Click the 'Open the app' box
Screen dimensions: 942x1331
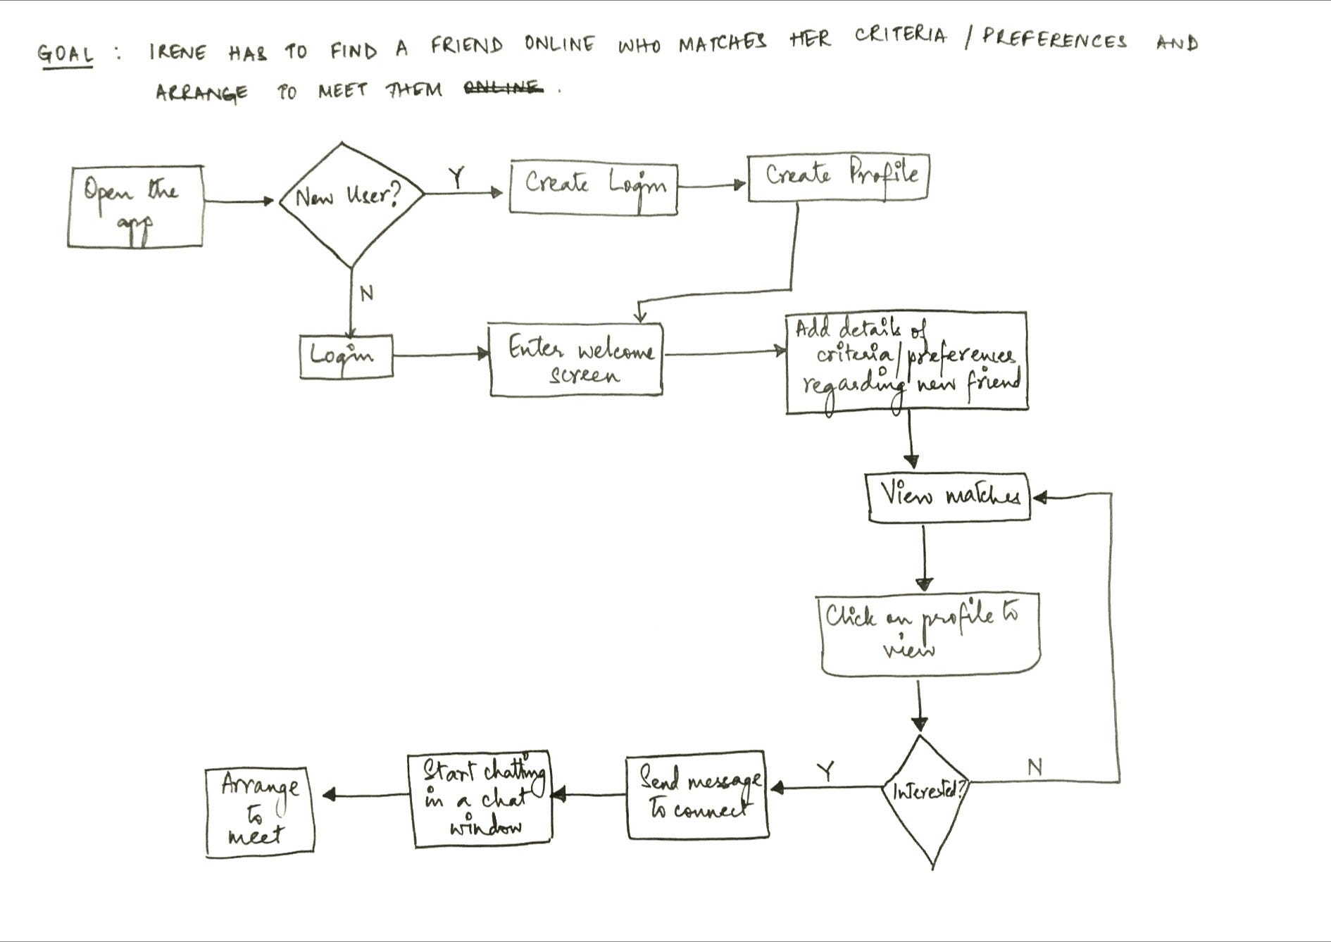pyautogui.click(x=135, y=206)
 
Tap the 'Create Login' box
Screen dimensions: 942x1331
pyautogui.click(x=593, y=188)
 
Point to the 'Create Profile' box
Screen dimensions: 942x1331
pyautogui.click(x=838, y=177)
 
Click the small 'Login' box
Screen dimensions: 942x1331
pyautogui.click(x=346, y=356)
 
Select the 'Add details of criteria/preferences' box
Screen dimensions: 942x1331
pyautogui.click(x=906, y=362)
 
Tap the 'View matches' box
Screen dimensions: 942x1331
pyautogui.click(x=949, y=497)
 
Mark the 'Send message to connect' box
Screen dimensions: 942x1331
pyautogui.click(x=697, y=795)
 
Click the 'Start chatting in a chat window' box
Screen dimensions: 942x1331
pyautogui.click(x=480, y=799)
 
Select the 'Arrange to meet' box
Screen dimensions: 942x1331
pyautogui.click(x=259, y=812)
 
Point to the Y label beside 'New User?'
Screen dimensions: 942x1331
pyautogui.click(x=458, y=178)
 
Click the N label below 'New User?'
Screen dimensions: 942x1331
pyautogui.click(x=367, y=293)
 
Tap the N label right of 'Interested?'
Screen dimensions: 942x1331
pyautogui.click(x=1035, y=767)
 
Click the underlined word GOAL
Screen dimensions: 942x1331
pyautogui.click(x=65, y=55)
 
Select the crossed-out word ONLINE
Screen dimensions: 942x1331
pyautogui.click(x=504, y=88)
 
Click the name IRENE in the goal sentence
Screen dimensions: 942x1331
pyautogui.click(x=178, y=52)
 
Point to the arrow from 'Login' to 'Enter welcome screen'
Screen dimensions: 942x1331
pyautogui.click(x=441, y=354)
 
